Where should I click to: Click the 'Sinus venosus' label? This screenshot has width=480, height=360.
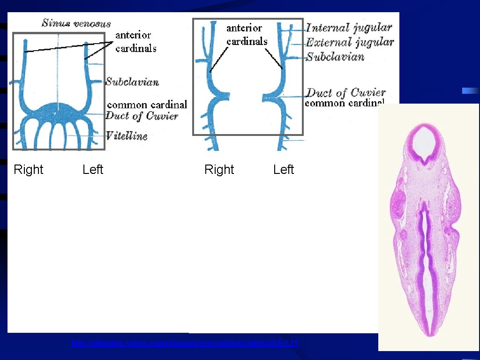pos(76,23)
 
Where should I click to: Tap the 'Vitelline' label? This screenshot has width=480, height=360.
pos(127,136)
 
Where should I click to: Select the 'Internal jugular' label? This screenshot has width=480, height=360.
pos(349,28)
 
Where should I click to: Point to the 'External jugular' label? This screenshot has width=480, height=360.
pos(350,42)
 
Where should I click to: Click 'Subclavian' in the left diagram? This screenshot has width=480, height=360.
pos(132,82)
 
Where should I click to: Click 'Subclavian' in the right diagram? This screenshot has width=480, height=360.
pos(335,57)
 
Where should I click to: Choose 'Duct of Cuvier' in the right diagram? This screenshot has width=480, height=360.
pos(346,92)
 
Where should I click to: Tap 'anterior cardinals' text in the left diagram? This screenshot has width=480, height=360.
pos(136,41)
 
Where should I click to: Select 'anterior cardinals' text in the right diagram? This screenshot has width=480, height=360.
pos(247,35)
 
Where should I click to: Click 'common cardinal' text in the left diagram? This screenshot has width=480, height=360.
pos(147,105)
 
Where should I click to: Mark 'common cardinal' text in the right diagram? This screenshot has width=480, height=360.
pos(345,103)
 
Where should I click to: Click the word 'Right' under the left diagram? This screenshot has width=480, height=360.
pos(28,169)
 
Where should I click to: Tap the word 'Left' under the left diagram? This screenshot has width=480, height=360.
pos(93,169)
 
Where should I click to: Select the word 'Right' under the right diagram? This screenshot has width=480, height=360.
pos(219,169)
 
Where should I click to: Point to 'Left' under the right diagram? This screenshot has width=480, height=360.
pos(284,169)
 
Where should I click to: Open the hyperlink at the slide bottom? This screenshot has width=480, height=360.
pos(185,343)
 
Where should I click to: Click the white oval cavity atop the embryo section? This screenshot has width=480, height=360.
pos(425,140)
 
